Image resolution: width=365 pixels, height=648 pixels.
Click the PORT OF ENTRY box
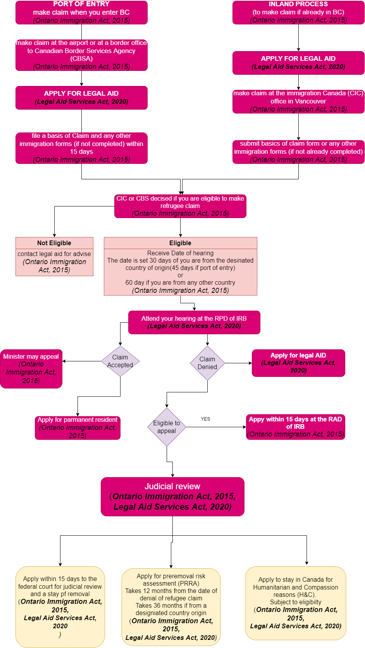pos(81,12)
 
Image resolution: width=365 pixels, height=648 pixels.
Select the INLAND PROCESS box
pos(298,12)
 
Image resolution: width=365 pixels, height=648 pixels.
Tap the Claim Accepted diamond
pos(120,361)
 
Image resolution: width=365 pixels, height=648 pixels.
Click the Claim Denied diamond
pos(207,363)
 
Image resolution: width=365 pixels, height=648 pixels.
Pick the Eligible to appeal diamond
pos(167,427)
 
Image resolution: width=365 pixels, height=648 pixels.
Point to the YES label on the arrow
pos(205,419)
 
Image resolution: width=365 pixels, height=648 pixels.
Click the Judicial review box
pos(172,497)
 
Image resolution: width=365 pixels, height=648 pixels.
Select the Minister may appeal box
pos(31,369)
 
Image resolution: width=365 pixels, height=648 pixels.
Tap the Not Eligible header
pos(54,243)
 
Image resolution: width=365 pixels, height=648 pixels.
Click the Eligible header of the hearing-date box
pos(180,243)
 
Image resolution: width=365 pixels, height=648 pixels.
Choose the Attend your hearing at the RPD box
pos(194,322)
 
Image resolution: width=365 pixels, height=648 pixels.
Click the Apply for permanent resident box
pos(77,428)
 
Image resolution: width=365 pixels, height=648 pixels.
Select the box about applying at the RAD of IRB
pos(295,427)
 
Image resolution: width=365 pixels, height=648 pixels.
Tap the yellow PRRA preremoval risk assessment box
pos(171,606)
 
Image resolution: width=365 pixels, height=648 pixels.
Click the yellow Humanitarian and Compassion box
pos(295,603)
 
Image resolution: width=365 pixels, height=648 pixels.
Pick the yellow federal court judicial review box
pos(60,607)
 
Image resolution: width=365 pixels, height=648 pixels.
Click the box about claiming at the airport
pos(81,55)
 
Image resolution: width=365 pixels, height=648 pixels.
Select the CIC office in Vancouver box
pos(298,101)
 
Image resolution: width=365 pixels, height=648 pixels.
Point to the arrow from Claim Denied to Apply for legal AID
pos(238,363)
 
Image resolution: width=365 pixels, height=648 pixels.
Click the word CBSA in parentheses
pos(81,58)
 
